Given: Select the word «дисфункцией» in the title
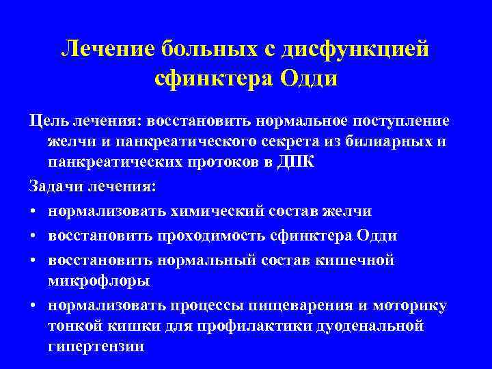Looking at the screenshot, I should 360,49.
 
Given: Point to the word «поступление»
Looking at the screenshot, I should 401,121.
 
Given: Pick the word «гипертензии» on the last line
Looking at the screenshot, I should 96,347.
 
